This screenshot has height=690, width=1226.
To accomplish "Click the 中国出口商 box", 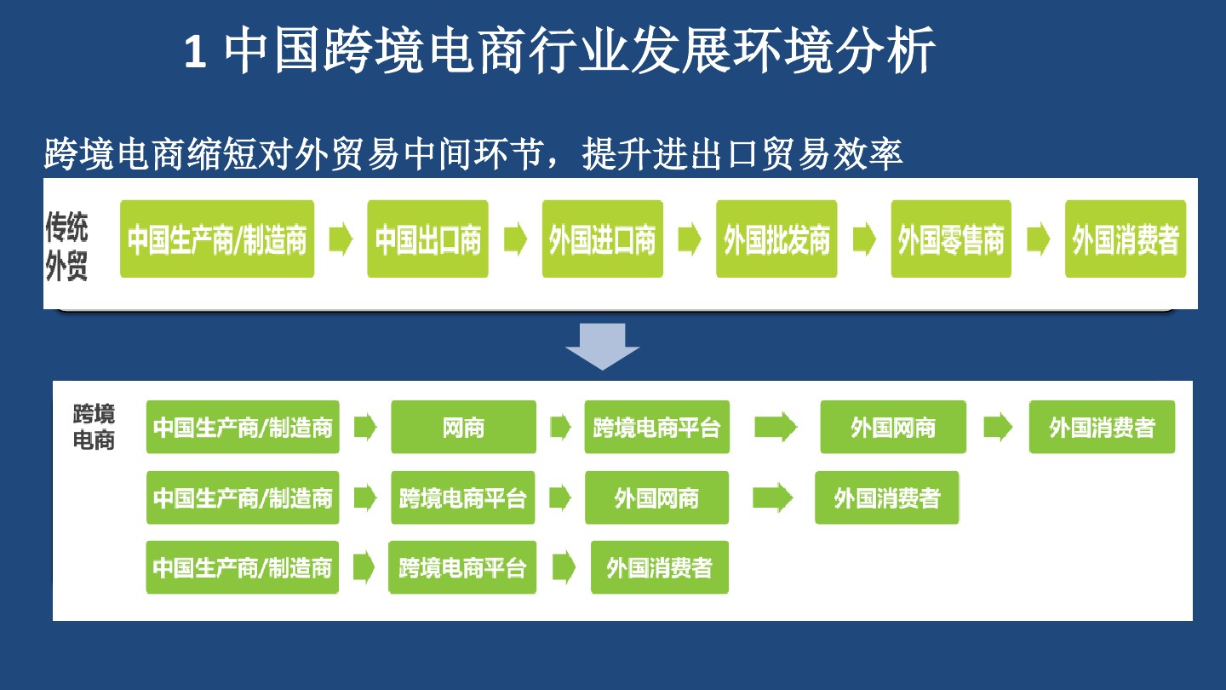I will click(x=427, y=239).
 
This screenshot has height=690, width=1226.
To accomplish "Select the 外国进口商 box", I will click(x=602, y=239).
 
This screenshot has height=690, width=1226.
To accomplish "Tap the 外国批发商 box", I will click(x=776, y=239).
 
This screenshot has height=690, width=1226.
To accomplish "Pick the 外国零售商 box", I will click(x=951, y=239).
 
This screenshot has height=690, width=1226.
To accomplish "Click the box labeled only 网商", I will click(x=463, y=427).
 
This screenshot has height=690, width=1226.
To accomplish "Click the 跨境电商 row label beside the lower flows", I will click(x=94, y=427).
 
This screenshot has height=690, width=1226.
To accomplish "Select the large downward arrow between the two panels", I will click(x=602, y=346).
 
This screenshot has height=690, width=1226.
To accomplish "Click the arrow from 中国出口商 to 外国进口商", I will click(x=515, y=239).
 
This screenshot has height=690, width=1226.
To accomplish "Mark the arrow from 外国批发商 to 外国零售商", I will click(x=863, y=239).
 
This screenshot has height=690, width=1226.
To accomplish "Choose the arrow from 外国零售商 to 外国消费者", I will click(x=1038, y=239).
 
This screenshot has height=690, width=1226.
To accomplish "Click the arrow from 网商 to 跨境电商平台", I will click(x=559, y=427).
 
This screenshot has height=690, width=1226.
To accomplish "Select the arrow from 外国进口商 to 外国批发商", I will click(x=689, y=239).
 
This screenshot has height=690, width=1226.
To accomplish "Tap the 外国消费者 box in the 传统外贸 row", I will click(x=1125, y=239).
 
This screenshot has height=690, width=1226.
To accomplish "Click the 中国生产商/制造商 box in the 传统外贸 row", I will click(x=217, y=239).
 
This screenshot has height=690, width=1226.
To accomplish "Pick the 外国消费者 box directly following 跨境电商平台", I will click(x=659, y=567).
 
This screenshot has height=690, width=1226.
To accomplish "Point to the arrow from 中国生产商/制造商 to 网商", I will click(x=364, y=427).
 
